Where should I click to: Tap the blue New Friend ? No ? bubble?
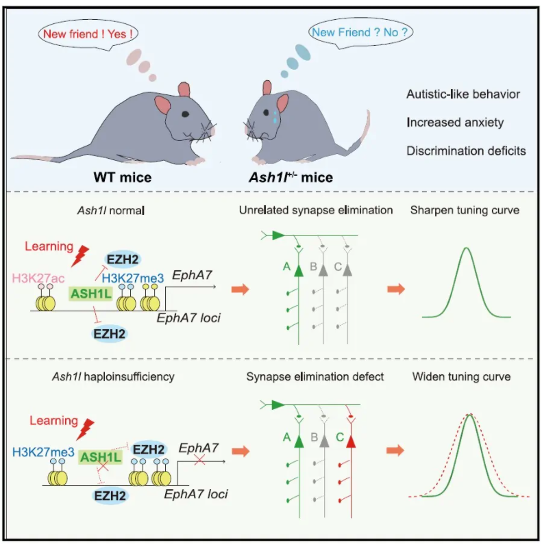360,31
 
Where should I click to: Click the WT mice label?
123,177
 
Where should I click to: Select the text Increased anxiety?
454,123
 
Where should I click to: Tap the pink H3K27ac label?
38,277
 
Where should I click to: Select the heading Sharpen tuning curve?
465,210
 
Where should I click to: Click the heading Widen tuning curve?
462,376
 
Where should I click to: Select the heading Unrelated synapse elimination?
316,210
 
